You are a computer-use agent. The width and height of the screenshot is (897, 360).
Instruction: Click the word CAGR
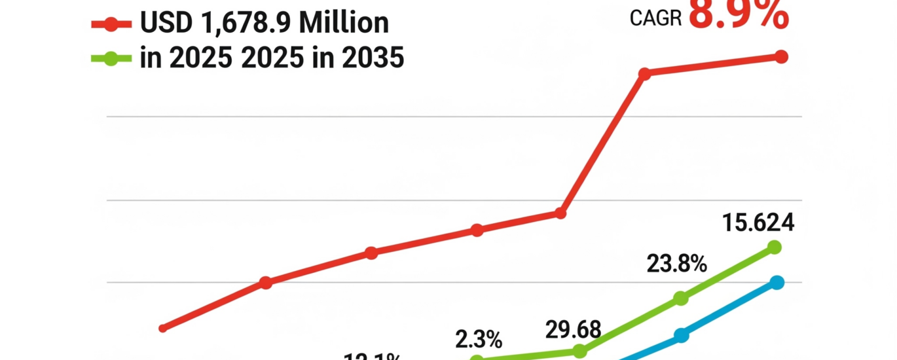(x=655, y=18)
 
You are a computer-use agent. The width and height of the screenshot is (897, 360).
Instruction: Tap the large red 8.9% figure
(x=739, y=14)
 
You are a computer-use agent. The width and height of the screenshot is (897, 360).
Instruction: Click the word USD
(x=165, y=24)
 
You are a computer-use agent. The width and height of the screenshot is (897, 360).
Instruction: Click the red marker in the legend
(x=111, y=25)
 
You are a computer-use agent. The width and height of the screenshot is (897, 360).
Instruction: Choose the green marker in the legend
(x=111, y=58)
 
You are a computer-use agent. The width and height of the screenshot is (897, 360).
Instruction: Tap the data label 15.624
(x=758, y=223)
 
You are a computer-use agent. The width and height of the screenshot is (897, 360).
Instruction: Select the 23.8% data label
(x=676, y=264)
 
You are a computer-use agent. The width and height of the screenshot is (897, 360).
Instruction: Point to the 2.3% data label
(x=479, y=340)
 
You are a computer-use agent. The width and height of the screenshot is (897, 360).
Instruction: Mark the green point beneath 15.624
(x=775, y=247)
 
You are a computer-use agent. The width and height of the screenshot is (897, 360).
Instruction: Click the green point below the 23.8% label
(x=681, y=298)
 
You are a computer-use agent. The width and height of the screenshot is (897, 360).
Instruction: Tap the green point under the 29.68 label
(x=580, y=351)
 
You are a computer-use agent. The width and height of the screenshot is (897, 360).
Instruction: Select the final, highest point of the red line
(x=780, y=57)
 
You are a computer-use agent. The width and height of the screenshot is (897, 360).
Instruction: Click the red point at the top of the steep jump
(x=644, y=74)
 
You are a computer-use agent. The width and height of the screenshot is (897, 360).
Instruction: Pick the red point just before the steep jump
(x=560, y=213)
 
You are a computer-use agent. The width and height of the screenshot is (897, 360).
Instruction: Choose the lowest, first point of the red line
(x=163, y=328)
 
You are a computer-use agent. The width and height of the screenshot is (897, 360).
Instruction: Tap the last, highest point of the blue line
(x=777, y=283)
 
